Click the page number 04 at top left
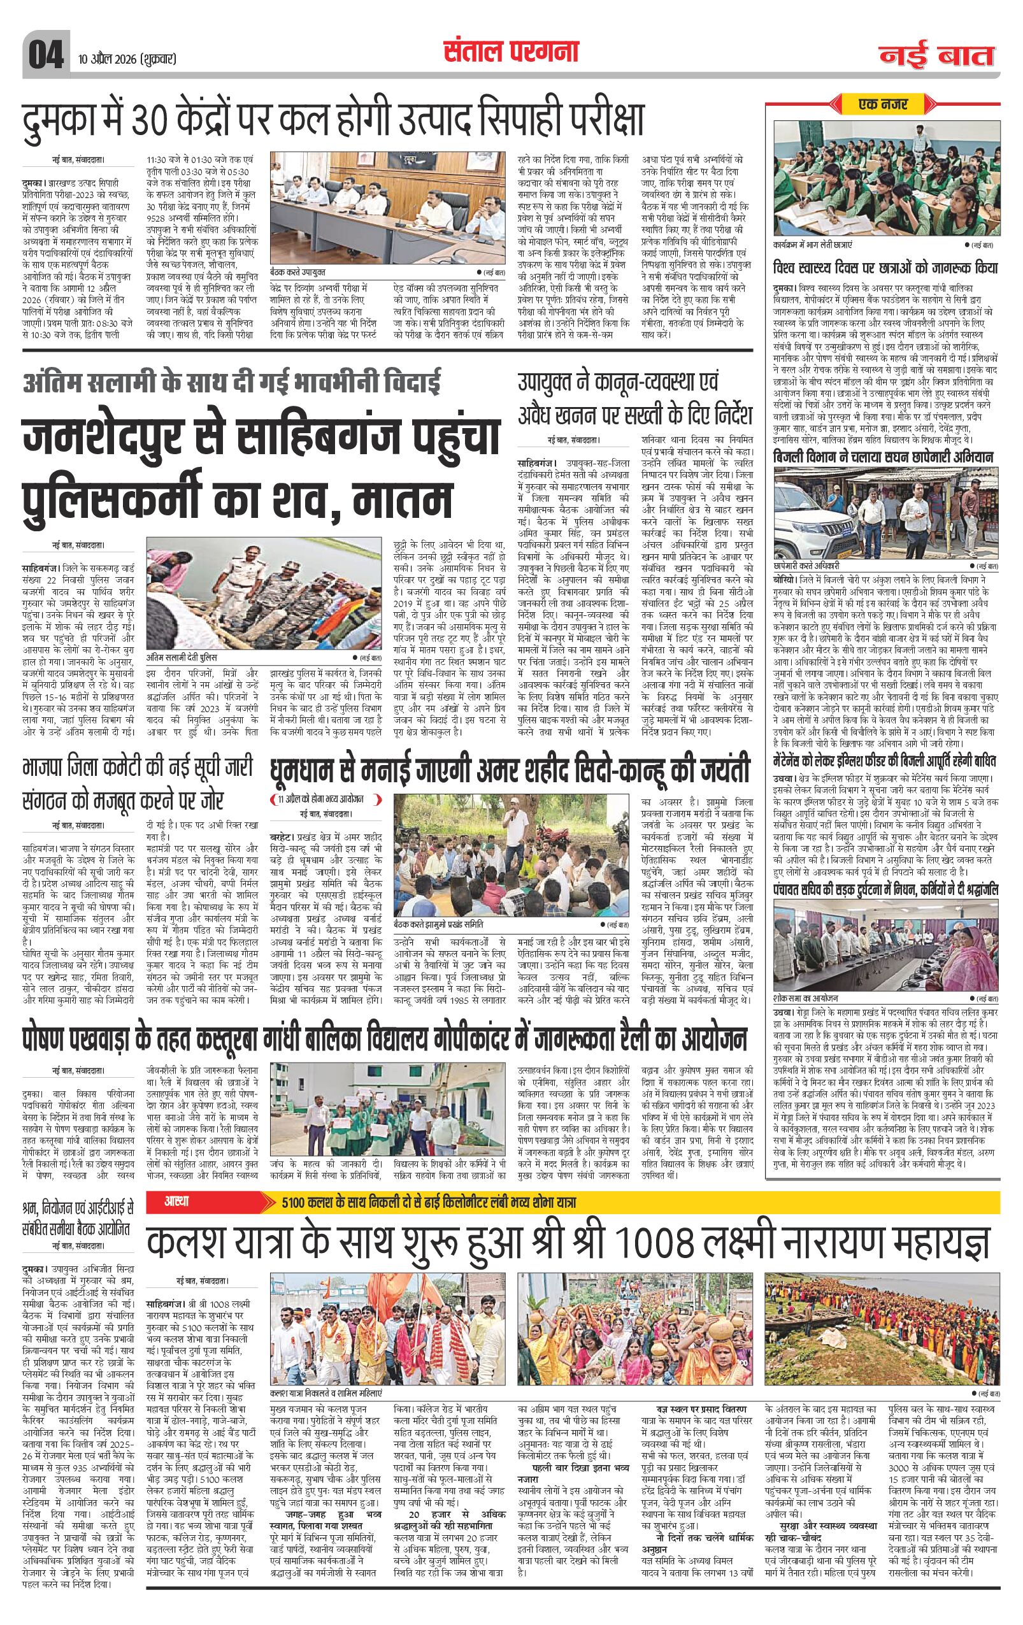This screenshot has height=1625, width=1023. click(x=45, y=55)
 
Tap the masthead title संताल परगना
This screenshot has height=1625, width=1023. click(x=511, y=52)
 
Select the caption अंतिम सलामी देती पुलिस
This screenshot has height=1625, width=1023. click(x=182, y=657)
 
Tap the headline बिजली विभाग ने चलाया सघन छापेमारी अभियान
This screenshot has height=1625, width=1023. click(x=883, y=457)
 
